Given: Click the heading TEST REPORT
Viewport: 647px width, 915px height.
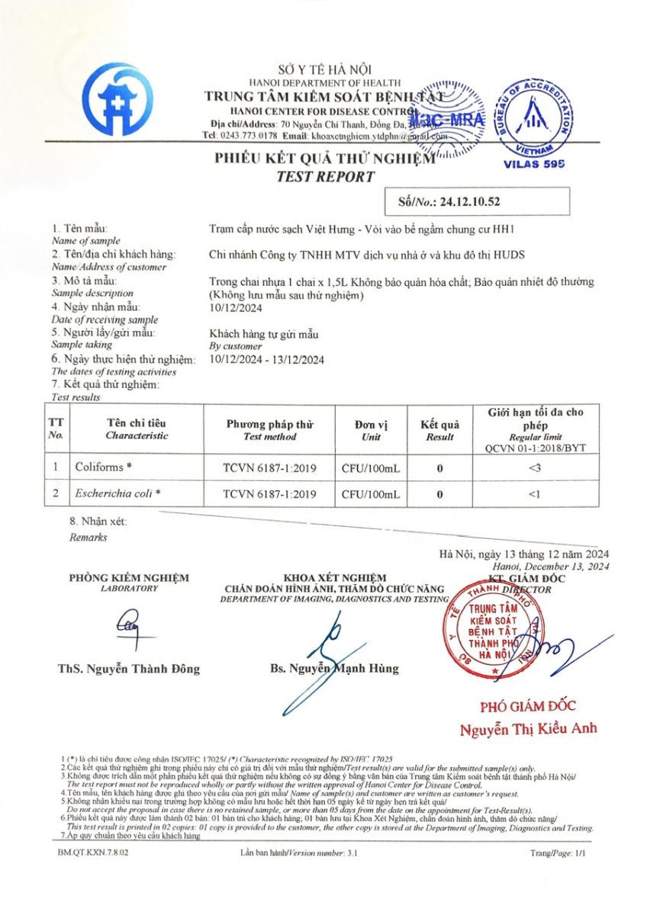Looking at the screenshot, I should click(325, 177).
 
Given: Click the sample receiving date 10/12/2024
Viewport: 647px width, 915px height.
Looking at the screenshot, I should click(236, 307).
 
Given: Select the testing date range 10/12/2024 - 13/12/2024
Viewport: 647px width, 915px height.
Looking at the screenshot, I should click(266, 360).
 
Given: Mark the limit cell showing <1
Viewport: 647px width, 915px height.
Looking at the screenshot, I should click(534, 494).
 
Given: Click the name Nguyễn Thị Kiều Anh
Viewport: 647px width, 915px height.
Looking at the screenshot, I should click(528, 730).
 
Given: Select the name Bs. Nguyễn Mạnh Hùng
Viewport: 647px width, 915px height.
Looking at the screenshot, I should click(334, 669).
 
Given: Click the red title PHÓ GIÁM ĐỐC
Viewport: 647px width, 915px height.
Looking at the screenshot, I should click(527, 705).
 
